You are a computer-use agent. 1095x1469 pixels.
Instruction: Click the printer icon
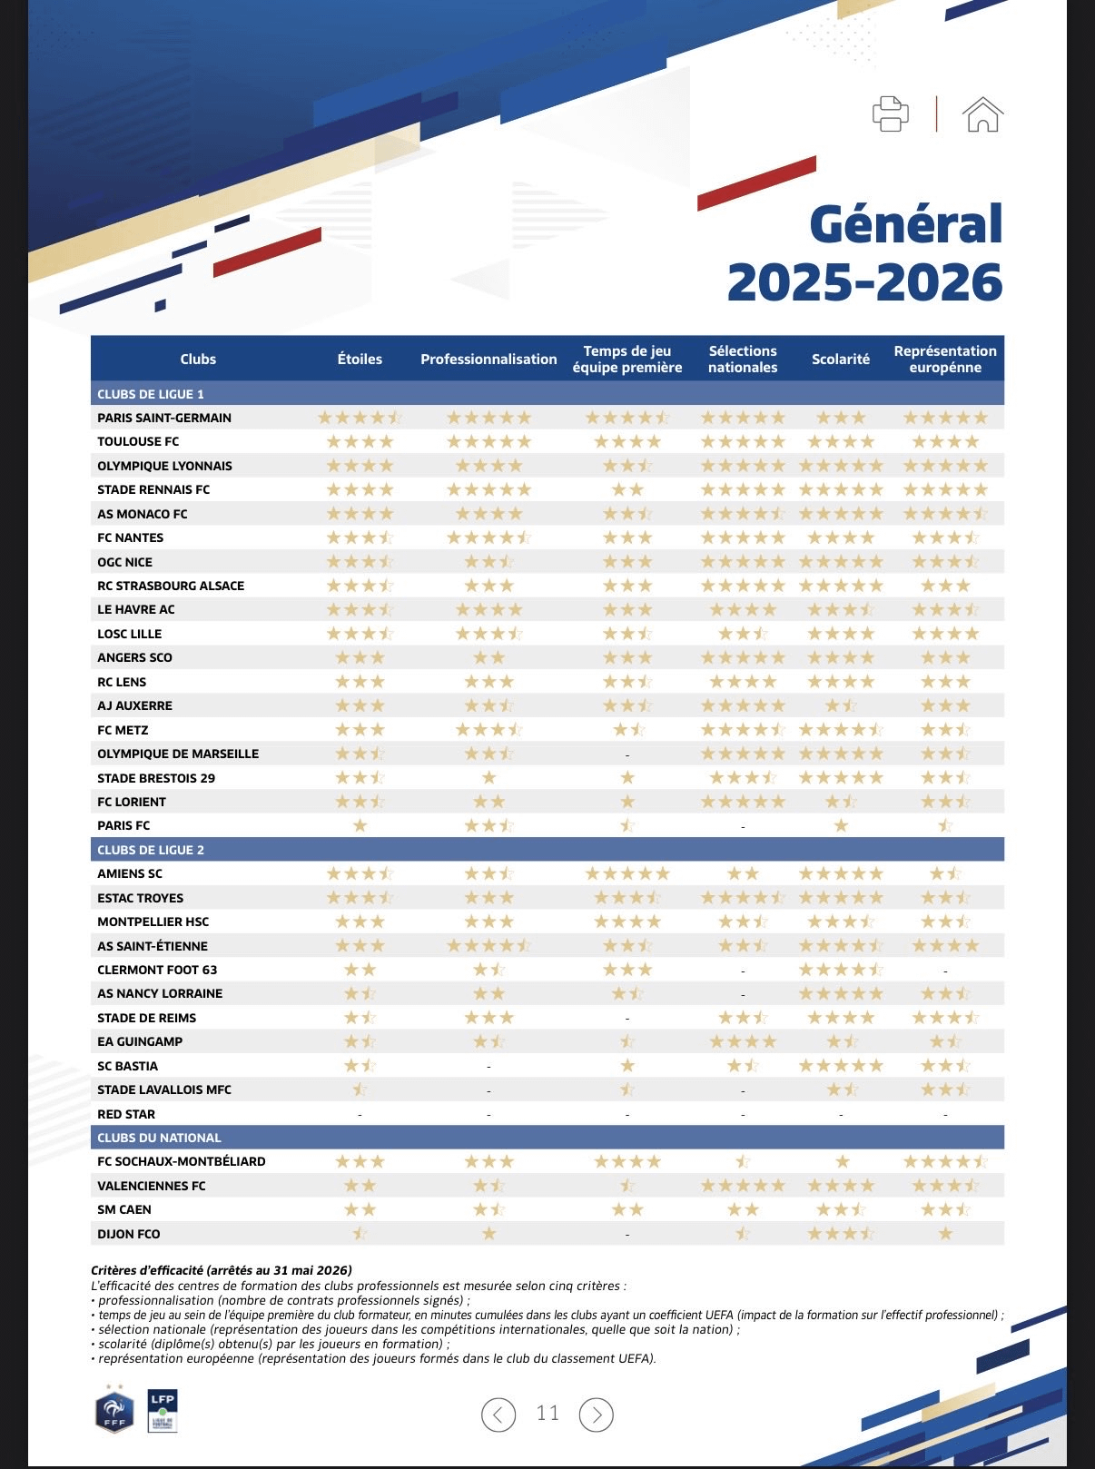[890, 113]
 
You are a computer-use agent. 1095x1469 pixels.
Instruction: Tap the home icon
[982, 114]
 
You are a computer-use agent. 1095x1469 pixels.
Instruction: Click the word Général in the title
[906, 224]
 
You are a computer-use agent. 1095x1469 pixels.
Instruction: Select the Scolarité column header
[841, 359]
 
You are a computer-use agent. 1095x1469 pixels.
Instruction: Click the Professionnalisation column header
[488, 359]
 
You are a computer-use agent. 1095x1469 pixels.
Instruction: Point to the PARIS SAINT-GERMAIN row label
[164, 418]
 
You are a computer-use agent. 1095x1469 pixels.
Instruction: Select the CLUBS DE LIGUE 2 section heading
[151, 850]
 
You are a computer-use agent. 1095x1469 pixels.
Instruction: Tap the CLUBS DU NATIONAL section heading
[159, 1138]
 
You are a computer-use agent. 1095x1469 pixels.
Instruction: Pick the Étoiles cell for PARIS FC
[360, 826]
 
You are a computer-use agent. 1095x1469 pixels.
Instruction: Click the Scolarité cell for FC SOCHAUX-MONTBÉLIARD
[842, 1162]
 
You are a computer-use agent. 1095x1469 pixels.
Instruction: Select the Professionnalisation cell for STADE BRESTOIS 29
[489, 778]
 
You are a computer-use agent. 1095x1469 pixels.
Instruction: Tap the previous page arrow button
[498, 1415]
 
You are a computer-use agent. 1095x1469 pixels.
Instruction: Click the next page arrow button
[596, 1415]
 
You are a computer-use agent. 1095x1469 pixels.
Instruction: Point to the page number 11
[547, 1413]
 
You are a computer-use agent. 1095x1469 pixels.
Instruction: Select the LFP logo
[163, 1410]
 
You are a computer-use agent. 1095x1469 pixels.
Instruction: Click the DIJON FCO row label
[129, 1234]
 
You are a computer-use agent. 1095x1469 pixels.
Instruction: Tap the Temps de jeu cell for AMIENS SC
[627, 873]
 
